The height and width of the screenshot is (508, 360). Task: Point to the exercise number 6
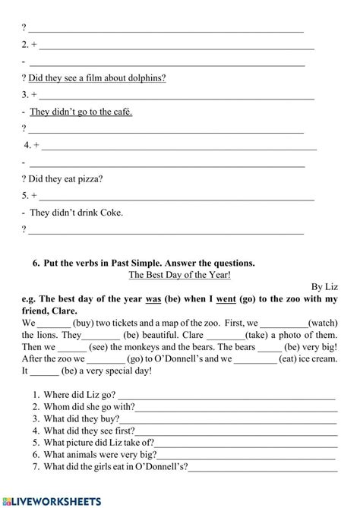click(36, 263)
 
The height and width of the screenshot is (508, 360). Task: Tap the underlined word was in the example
click(153, 299)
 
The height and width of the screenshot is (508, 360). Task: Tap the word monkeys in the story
click(151, 348)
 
